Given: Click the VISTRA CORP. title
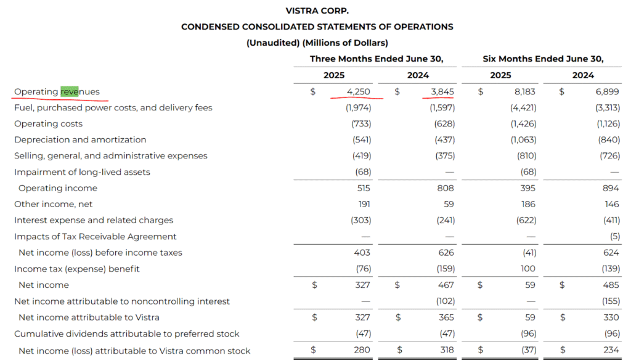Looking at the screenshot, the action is [x=317, y=10].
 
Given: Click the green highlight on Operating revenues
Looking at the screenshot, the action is [x=69, y=91].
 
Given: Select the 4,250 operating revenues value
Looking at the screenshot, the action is [x=358, y=91].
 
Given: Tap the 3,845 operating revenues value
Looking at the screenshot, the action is [x=442, y=91].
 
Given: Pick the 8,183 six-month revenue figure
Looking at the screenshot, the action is [x=525, y=91].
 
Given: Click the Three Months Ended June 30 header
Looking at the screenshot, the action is [x=377, y=59].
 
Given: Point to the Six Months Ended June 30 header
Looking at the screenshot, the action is [x=543, y=59].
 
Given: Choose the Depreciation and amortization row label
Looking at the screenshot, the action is [x=80, y=140].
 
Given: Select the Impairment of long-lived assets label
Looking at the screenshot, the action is [x=82, y=173].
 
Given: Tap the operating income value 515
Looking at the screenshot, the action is [x=364, y=188].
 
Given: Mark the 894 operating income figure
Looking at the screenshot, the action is [x=611, y=188].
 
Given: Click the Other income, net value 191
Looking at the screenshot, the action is [x=364, y=204].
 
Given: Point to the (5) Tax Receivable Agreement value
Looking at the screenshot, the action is [x=615, y=236].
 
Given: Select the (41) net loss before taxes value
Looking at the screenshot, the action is [x=529, y=253].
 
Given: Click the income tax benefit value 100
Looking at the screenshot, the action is [x=527, y=269].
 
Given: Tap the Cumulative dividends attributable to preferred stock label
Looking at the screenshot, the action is [x=127, y=334].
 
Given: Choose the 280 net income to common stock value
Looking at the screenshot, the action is [x=362, y=350].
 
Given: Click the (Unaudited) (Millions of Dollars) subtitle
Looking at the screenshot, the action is [x=317, y=43].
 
